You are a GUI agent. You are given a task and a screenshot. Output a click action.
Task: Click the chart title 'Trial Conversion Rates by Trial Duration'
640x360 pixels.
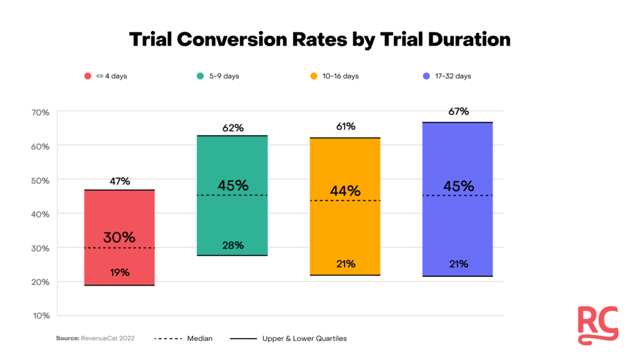coord(319,39)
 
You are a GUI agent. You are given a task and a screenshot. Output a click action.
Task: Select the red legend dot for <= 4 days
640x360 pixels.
coord(88,76)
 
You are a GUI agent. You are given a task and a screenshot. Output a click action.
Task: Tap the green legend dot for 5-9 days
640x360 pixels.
coord(200,76)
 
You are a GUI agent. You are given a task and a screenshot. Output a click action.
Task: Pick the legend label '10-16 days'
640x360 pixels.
coord(341,76)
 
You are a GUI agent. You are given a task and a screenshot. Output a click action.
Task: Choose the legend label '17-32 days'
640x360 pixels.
coord(454,76)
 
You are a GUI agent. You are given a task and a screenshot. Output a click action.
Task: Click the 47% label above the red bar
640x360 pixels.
coord(119,181)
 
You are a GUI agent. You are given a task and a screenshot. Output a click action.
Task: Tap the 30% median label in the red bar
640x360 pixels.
coord(119,237)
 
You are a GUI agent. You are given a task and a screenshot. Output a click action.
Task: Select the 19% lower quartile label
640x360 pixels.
coord(119,272)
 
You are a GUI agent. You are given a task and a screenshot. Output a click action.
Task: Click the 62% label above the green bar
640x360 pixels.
coord(232,128)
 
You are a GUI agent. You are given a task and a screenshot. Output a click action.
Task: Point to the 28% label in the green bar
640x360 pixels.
coord(232,245)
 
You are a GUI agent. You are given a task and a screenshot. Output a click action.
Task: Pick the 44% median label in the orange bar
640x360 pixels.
coord(345,191)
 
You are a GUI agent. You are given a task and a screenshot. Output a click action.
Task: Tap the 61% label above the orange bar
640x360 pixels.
coord(345,127)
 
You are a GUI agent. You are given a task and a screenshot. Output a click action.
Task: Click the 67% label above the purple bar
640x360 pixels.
coord(458,112)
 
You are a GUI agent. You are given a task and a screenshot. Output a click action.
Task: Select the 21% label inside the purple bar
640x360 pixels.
coord(458,264)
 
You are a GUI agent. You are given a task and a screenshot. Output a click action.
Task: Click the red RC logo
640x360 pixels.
coord(597,325)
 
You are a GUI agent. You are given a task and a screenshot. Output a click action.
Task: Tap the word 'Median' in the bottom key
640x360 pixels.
coord(200,339)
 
